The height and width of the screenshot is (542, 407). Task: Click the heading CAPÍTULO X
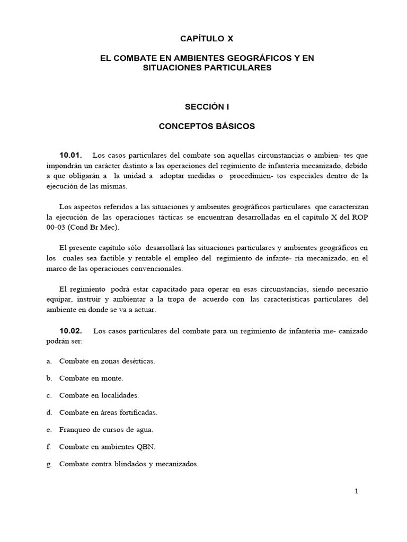click(207, 39)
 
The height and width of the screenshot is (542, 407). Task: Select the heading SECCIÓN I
click(207, 106)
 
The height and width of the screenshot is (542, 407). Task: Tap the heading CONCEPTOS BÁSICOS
click(207, 127)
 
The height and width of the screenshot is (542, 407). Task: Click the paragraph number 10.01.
click(70, 155)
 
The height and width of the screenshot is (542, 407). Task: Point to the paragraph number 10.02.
click(71, 331)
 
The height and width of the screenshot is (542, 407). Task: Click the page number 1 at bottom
click(357, 491)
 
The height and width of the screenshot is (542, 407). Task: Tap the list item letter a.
click(49, 361)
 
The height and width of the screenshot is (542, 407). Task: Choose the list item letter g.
click(49, 464)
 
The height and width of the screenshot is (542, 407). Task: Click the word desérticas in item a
click(137, 361)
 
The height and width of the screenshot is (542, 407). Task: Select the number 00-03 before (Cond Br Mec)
click(56, 228)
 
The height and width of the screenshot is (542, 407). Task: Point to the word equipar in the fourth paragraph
click(59, 300)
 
